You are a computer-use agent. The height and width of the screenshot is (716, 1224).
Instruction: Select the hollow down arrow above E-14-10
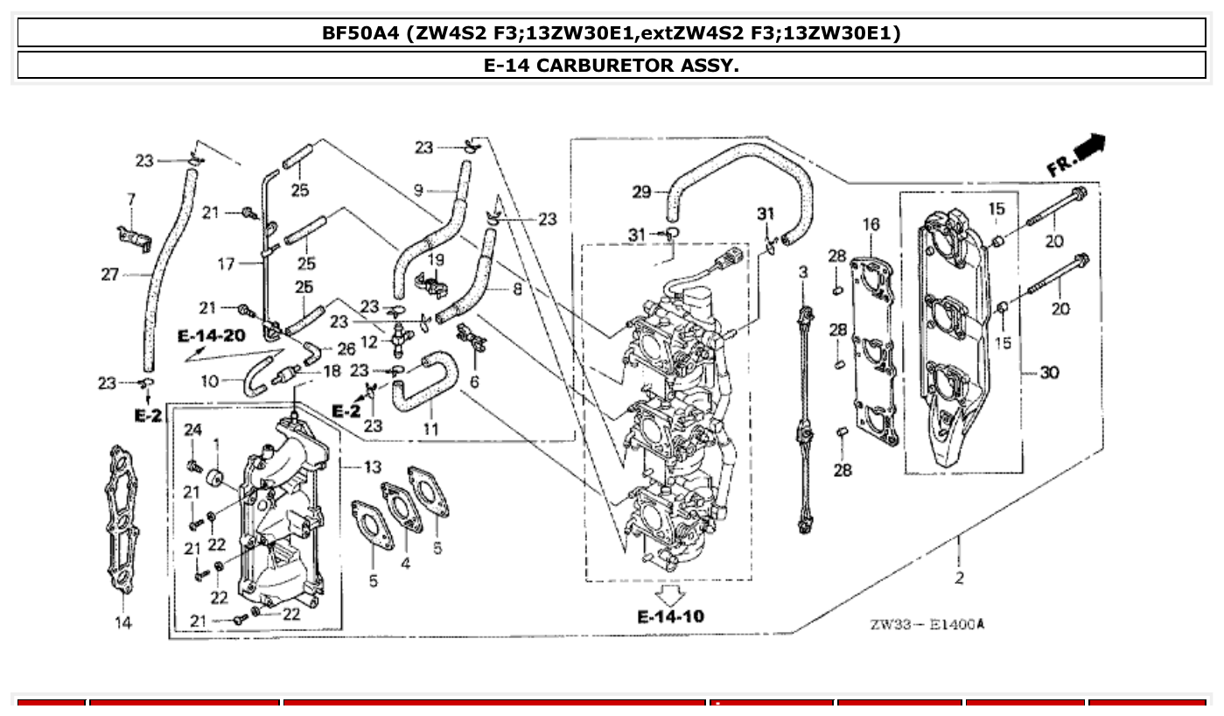(x=670, y=596)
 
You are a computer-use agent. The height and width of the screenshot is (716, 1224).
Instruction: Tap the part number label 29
(x=641, y=192)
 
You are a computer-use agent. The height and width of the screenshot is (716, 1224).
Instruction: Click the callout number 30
(x=1048, y=373)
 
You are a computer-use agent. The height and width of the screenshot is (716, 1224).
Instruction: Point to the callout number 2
(x=960, y=578)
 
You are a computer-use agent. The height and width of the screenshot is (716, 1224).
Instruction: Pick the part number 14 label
(x=123, y=622)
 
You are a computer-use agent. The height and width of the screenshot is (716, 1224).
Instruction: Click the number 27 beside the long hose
(x=109, y=275)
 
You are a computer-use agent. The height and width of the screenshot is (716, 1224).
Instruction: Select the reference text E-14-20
(x=211, y=336)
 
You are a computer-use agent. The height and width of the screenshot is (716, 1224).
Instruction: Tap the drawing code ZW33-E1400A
(x=927, y=624)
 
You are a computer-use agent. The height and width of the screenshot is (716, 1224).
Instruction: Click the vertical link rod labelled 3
(x=802, y=420)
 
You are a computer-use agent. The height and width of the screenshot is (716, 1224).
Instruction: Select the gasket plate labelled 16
(x=875, y=350)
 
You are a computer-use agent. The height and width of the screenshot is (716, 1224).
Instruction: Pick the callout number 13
(x=374, y=467)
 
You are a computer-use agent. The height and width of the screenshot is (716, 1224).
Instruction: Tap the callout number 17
(x=226, y=263)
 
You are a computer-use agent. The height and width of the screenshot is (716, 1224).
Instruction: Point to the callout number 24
(x=193, y=429)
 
